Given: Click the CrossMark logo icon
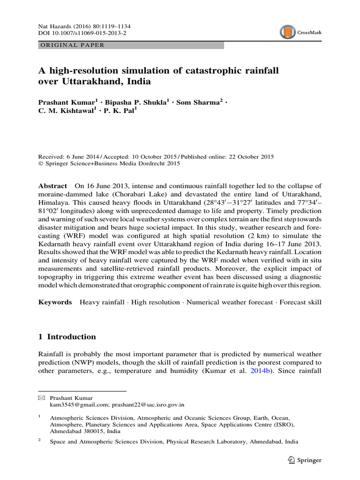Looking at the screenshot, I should pos(287,32).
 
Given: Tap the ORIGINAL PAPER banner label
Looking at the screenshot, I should pos(71,45).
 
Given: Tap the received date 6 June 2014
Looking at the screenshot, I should pos(85,157).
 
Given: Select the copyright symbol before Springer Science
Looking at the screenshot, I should pos(40,164).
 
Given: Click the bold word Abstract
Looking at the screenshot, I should pos(52,186).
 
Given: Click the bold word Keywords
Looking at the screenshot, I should pos(55,302).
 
